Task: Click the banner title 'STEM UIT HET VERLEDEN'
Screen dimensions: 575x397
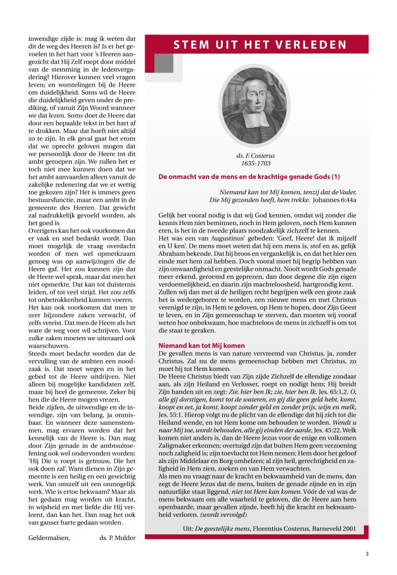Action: pos(260,45)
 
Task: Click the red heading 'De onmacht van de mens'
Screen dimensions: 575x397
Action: pos(249,177)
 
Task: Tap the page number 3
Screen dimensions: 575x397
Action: pos(367,553)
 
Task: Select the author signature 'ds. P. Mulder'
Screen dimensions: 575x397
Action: pos(118,537)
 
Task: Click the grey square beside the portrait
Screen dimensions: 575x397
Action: pos(164,64)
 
